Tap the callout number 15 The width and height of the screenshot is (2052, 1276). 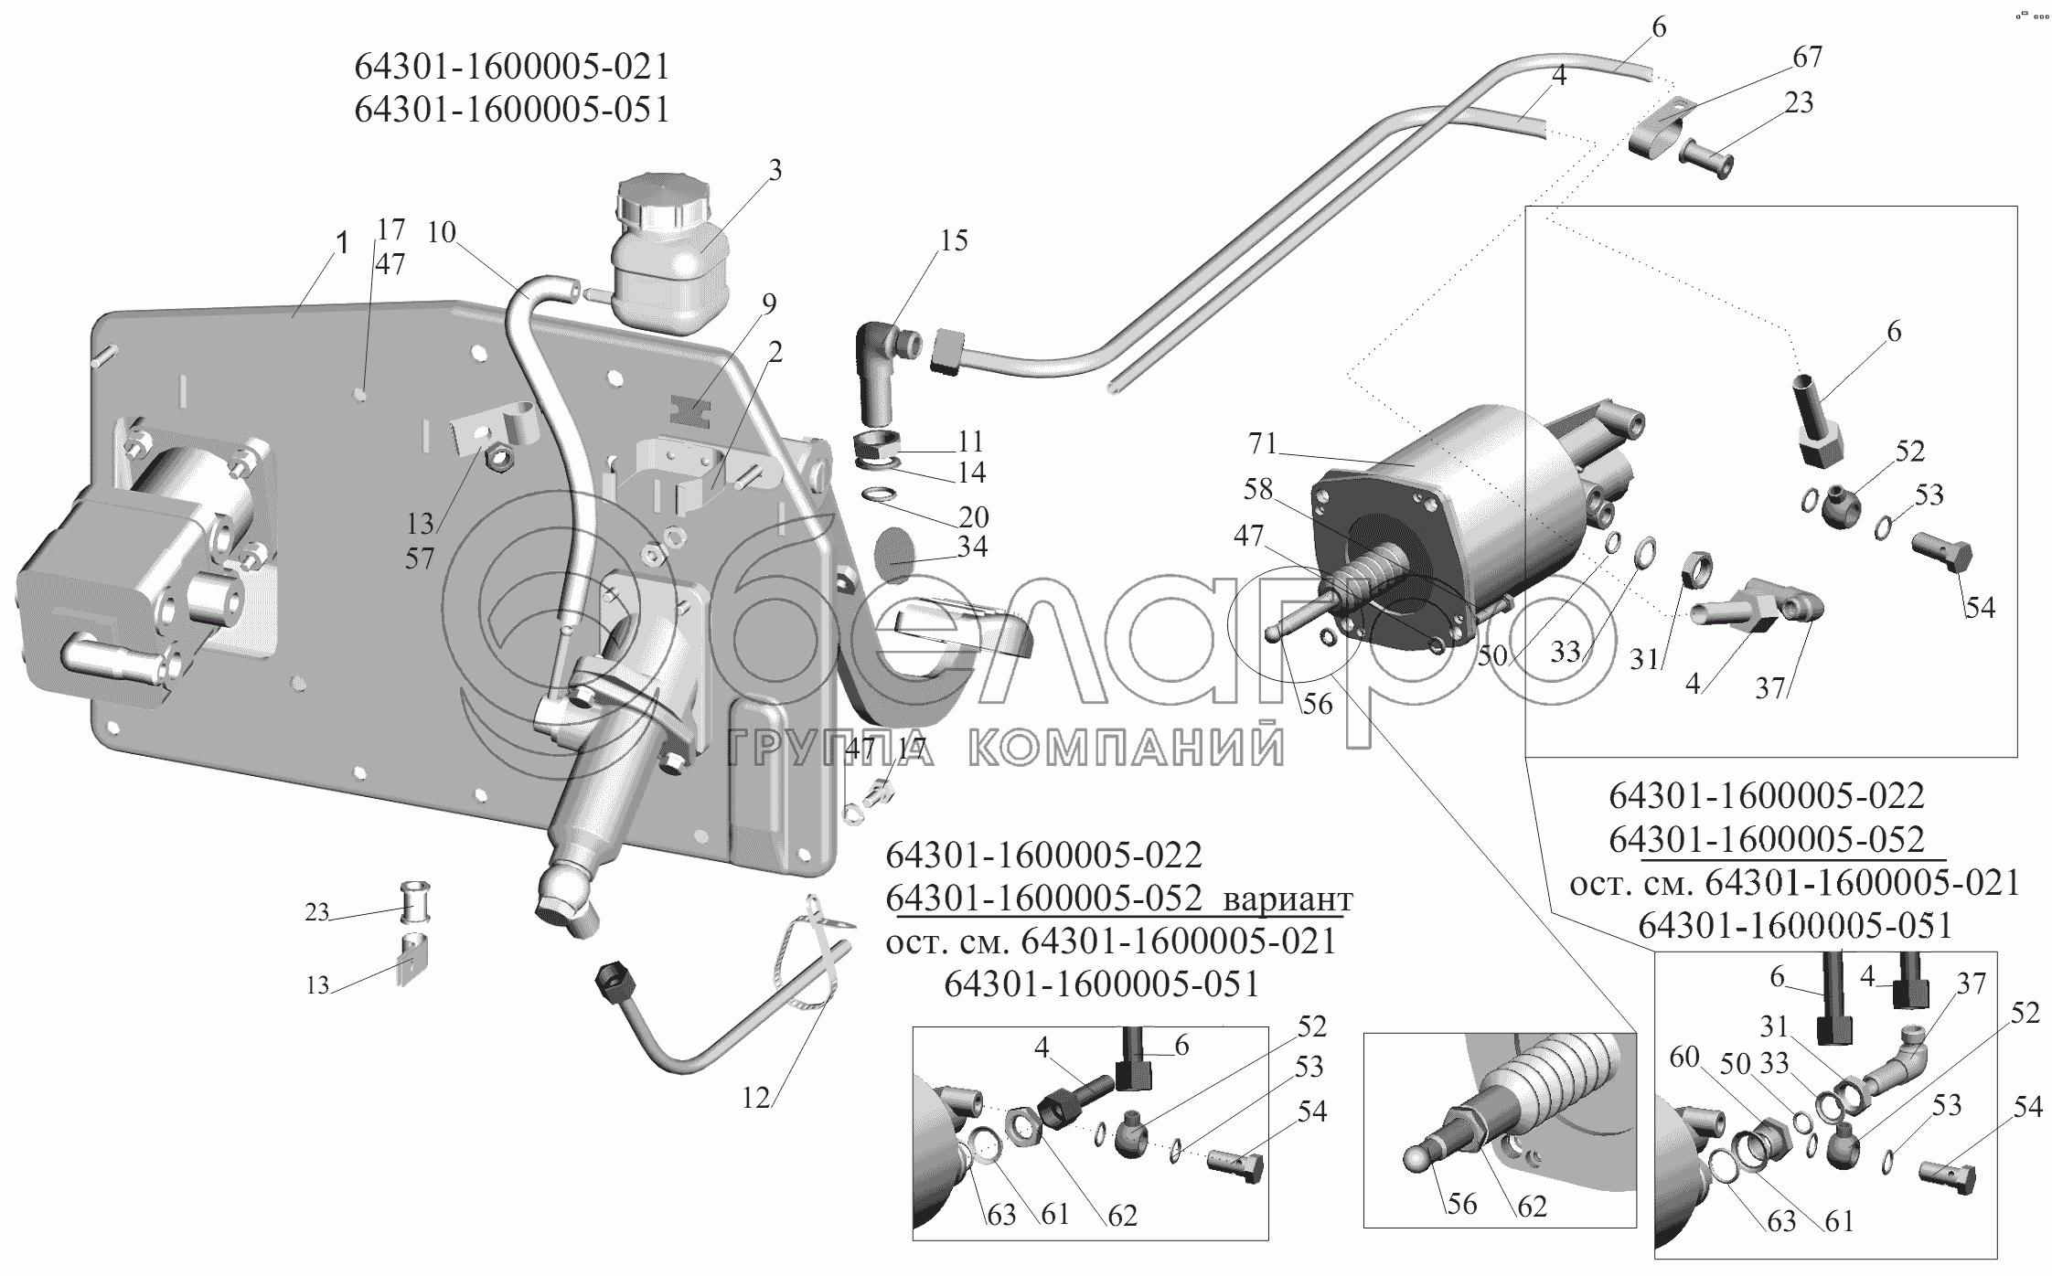[953, 240]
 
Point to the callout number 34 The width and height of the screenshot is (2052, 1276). [972, 547]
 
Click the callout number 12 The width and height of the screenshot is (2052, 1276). [756, 1098]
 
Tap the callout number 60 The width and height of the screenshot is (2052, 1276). [1684, 1058]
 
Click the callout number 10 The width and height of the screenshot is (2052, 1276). [442, 232]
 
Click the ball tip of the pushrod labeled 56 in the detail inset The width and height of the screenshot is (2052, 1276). [1417, 1159]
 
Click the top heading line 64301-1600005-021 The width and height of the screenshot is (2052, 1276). [512, 67]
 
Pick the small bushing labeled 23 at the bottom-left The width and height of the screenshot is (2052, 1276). [416, 903]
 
